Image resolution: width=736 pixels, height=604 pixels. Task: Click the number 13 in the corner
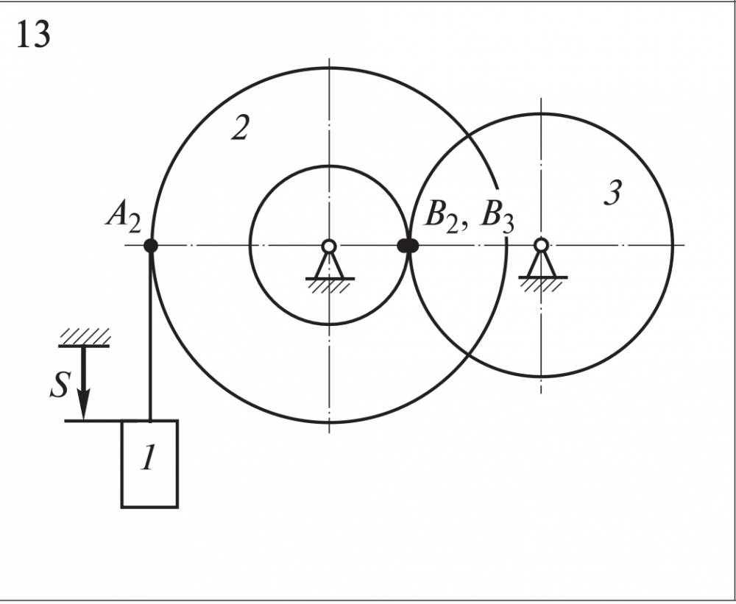pos(33,34)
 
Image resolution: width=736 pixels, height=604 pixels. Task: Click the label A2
pos(124,218)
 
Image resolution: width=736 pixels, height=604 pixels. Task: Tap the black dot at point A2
pos(150,246)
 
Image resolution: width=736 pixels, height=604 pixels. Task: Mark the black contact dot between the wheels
pos(408,246)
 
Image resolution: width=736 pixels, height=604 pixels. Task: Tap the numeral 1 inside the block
pos(149,460)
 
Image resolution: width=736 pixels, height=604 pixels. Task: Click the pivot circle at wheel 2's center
pos(329,246)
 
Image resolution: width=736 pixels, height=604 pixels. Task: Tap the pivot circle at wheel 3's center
pos(541,245)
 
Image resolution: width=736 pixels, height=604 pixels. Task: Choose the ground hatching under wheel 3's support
pos(542,284)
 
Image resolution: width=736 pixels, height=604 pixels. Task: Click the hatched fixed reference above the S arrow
pos(84,337)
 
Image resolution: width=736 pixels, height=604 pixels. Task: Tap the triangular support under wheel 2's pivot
pos(330,266)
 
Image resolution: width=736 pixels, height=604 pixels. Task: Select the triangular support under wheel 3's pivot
pos(542,265)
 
